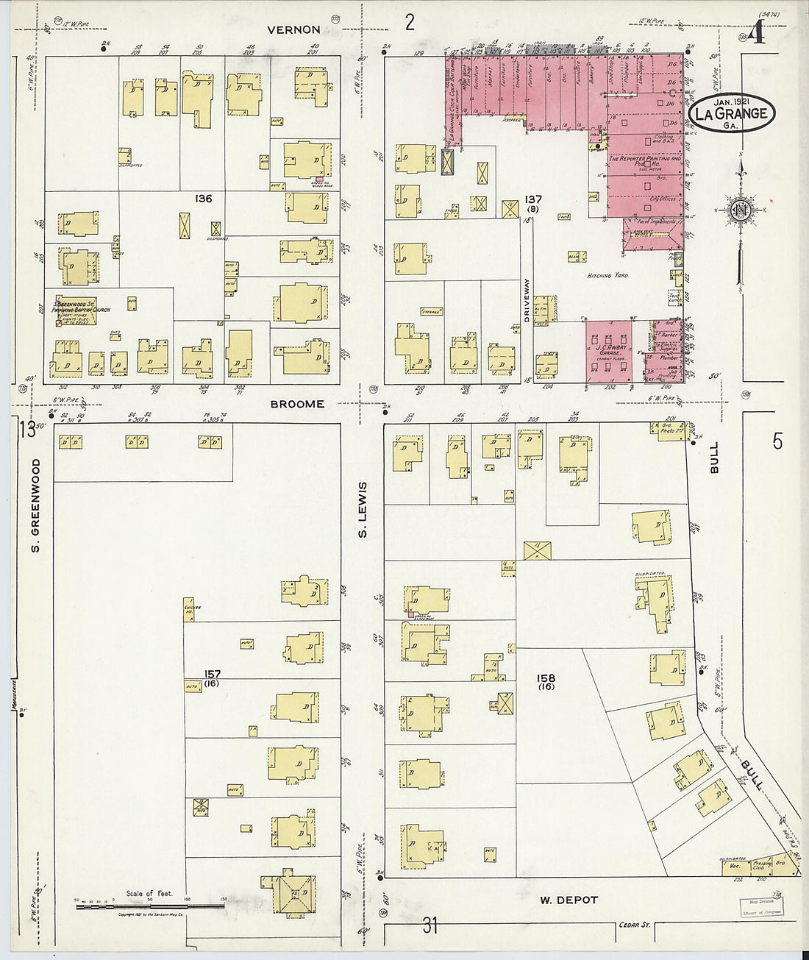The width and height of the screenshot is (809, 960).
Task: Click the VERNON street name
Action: coord(293,30)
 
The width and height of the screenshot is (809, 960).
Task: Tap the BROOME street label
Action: coord(297,404)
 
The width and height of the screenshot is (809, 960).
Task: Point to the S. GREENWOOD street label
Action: coord(35,505)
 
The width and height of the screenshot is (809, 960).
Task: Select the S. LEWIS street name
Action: coord(363,510)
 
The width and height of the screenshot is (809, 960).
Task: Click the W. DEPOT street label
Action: coord(569,900)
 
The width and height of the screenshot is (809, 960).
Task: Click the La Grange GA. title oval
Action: coord(732,114)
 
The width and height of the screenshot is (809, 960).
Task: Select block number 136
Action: coord(204,199)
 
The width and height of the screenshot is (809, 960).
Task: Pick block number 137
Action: coord(533,199)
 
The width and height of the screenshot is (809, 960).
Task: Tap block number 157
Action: coord(213,674)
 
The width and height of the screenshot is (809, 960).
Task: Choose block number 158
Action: coord(546,678)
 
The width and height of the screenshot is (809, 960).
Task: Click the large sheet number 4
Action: coord(758,35)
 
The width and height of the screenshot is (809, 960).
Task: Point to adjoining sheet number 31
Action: coord(430,925)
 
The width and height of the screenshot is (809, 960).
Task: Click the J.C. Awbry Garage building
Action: coord(609,351)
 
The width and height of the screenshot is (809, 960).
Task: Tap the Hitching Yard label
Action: coord(609,276)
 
